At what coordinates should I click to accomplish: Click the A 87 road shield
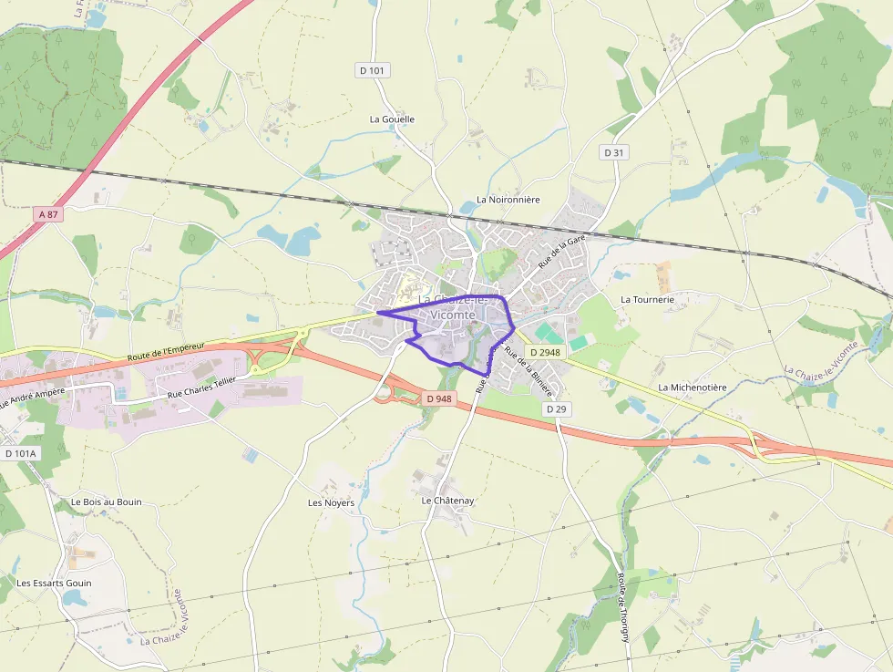[48, 213]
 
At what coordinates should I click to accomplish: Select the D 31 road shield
[614, 152]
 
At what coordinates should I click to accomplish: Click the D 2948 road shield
[545, 351]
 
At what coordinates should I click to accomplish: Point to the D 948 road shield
[437, 398]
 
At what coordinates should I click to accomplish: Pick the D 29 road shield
[556, 409]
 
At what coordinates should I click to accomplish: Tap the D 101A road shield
[20, 453]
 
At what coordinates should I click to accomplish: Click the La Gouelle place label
[392, 119]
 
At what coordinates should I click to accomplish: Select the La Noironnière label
[508, 200]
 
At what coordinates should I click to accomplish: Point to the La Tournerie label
[647, 299]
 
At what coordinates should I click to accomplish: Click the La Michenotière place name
[693, 388]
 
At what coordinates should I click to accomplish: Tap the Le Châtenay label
[447, 501]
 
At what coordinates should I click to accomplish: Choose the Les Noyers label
[331, 502]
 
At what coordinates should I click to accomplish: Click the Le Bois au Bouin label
[107, 502]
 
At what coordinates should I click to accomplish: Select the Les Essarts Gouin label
[54, 583]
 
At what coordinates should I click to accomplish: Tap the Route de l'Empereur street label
[167, 350]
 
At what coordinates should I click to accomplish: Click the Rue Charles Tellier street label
[201, 387]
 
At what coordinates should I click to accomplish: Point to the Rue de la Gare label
[561, 251]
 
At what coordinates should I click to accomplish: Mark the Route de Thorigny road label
[623, 607]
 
